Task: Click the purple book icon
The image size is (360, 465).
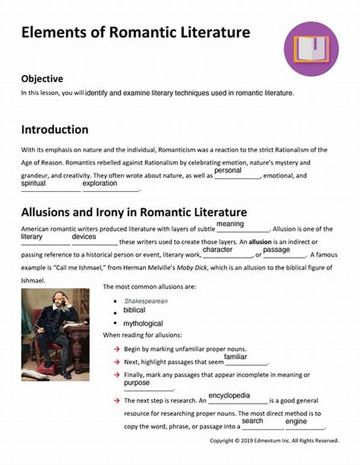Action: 307,50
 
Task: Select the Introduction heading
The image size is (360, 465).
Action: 55,130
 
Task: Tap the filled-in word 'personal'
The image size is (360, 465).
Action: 227,170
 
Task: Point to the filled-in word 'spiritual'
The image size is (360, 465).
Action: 34,183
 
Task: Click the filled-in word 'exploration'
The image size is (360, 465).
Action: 100,183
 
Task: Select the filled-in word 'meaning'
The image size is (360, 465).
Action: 230,224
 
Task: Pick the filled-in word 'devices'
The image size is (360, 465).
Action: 84,237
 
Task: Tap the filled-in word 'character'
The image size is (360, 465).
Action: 217,249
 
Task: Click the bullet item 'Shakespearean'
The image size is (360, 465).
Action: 146,301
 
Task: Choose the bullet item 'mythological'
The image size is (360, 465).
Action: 143,323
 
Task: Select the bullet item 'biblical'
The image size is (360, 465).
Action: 134,310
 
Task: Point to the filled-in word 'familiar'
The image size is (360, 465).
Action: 236,357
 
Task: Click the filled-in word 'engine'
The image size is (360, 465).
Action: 296,421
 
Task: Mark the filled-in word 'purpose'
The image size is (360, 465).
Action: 137,383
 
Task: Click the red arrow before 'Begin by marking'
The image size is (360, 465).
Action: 116,349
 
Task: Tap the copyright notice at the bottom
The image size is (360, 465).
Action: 274,440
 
